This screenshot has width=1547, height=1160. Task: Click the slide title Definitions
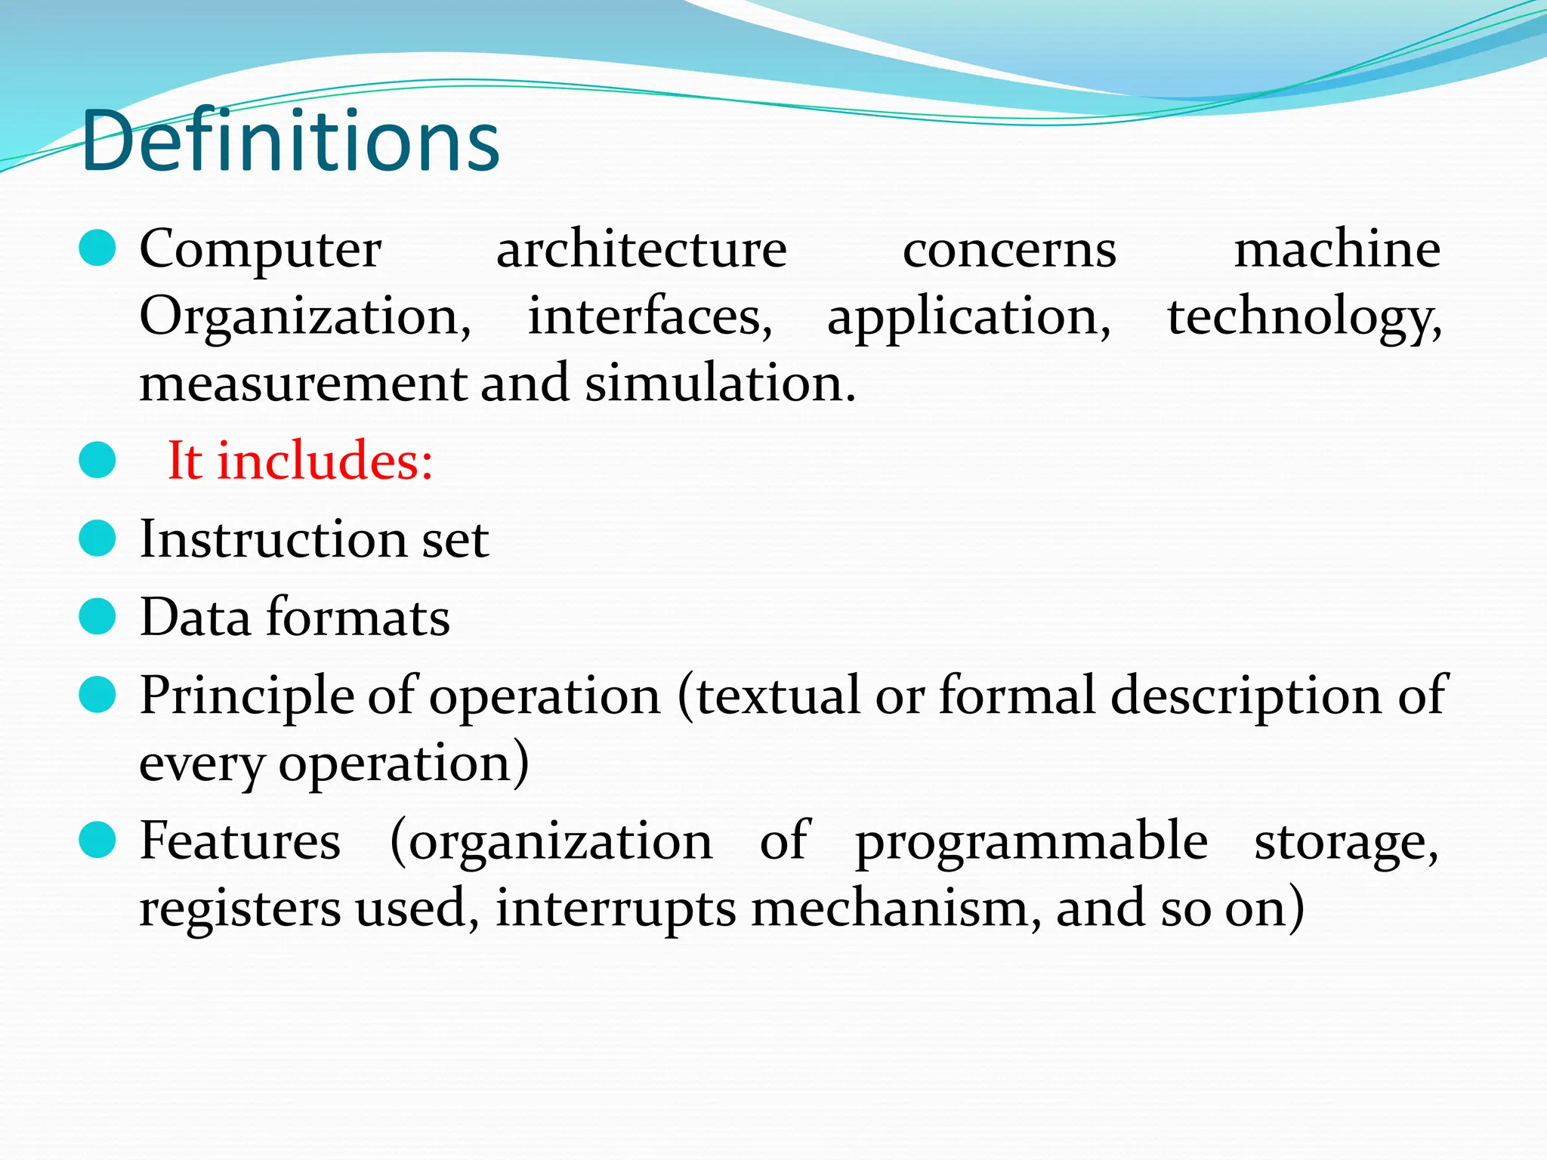point(290,141)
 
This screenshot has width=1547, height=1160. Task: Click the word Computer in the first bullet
point(261,248)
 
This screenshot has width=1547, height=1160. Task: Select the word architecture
point(641,248)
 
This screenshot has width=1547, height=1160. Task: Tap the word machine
point(1337,248)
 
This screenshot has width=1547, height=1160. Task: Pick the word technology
point(1304,317)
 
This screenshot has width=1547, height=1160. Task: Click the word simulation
point(720,382)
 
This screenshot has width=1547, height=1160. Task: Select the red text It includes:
point(300,460)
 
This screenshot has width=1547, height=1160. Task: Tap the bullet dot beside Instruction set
point(97,538)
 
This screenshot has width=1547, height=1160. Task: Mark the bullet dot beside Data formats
point(97,616)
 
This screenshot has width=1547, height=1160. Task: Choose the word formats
point(359,617)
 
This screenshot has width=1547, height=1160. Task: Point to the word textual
point(778,695)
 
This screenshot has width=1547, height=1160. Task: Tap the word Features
point(240,841)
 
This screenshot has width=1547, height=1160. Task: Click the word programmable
point(1031,842)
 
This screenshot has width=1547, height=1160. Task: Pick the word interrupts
point(615,909)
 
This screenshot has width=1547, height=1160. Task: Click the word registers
point(240,910)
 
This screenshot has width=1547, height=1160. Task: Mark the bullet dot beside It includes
point(97,460)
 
